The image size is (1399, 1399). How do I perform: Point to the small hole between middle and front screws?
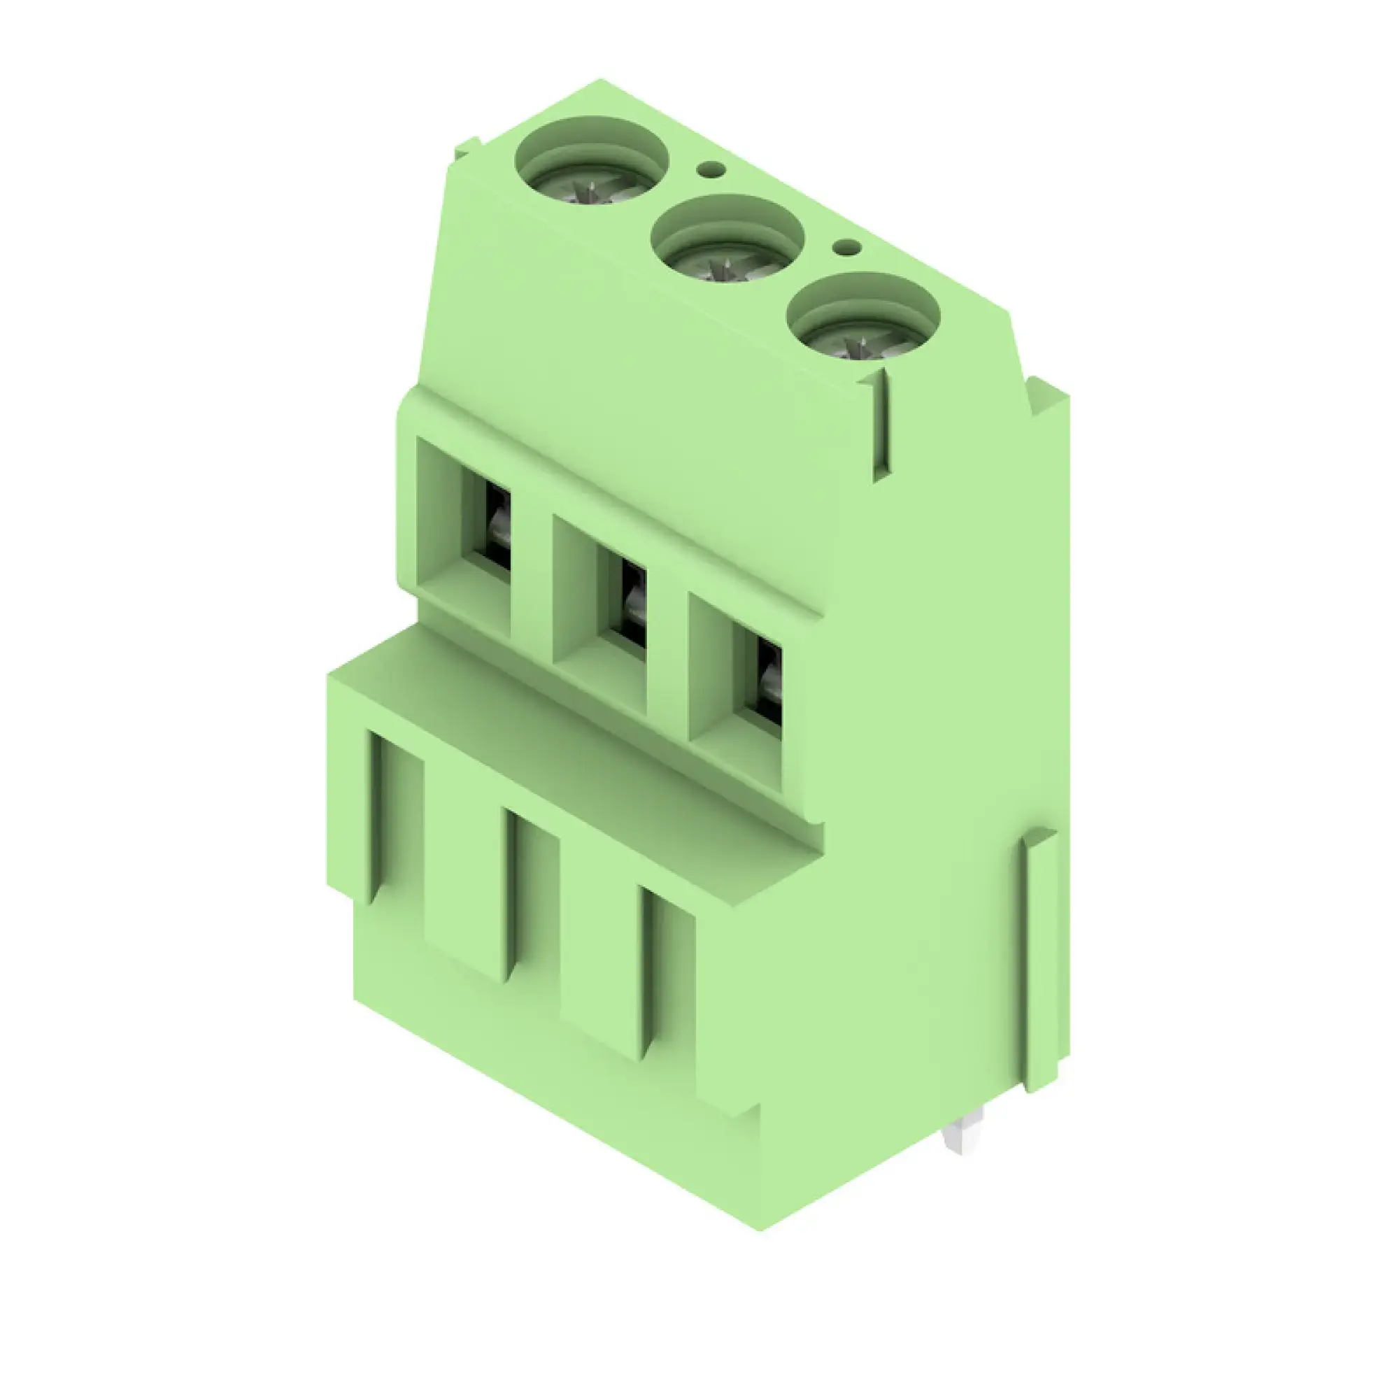[846, 248]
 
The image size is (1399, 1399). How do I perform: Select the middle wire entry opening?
[633, 602]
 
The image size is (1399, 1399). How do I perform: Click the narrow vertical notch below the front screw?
[881, 427]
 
